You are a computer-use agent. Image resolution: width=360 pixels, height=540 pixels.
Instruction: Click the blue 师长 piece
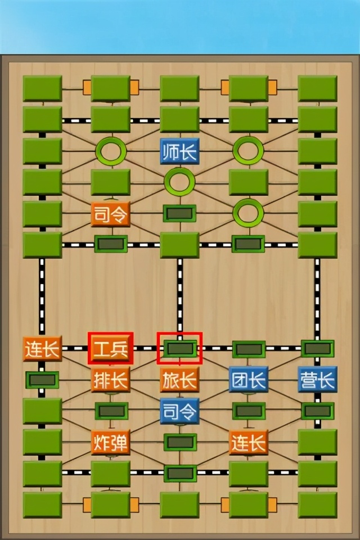(179, 151)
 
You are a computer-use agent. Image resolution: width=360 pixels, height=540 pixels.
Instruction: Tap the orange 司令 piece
(111, 214)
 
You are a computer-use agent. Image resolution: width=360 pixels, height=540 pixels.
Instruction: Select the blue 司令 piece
(179, 411)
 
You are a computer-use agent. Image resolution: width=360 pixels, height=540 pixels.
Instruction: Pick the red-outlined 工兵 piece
(111, 349)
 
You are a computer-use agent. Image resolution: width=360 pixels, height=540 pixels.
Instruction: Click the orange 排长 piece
(111, 380)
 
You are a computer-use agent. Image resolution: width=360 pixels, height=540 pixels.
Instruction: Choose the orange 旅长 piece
(179, 380)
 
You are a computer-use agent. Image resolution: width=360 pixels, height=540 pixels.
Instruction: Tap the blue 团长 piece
(248, 380)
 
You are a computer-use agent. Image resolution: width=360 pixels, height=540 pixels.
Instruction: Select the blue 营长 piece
(317, 380)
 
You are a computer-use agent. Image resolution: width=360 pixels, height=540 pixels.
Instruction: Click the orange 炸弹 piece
(111, 443)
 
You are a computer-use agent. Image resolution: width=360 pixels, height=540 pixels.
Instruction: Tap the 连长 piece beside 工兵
(42, 349)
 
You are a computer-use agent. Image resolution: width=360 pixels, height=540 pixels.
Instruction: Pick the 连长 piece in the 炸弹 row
(248, 443)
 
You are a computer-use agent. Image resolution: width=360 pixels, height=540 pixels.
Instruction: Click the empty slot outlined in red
(179, 349)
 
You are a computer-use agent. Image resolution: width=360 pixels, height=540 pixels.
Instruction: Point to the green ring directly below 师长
(179, 182)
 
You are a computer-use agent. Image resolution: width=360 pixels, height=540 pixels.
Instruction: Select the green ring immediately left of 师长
(111, 150)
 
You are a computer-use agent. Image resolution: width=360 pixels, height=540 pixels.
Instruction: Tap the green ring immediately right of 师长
(248, 150)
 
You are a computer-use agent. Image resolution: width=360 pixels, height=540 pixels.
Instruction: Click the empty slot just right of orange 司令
(179, 213)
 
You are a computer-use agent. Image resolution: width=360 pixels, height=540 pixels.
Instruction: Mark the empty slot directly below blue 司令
(180, 442)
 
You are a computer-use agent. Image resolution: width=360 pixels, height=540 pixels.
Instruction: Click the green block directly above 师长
(179, 119)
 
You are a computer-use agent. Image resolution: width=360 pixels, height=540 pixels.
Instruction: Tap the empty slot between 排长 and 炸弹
(111, 411)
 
